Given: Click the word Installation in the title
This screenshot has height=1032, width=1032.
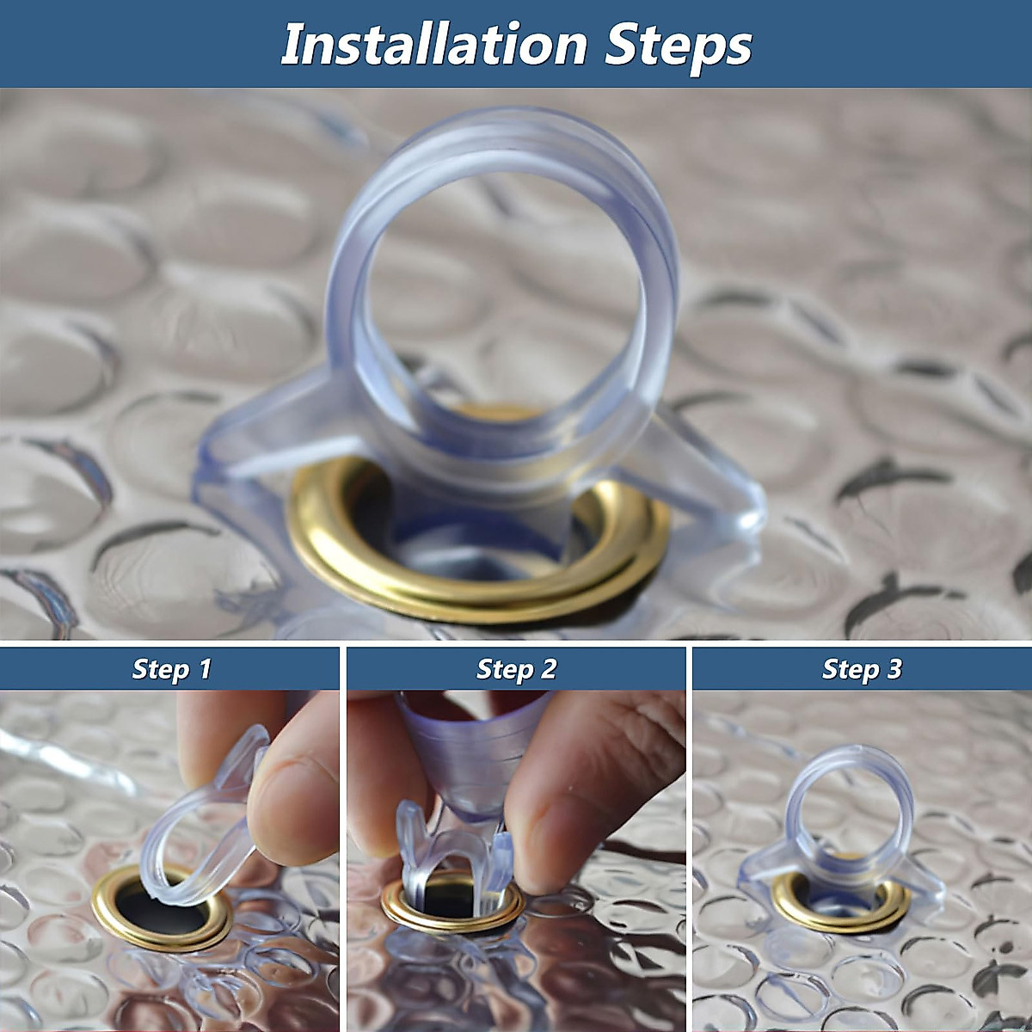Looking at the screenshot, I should click(x=433, y=45).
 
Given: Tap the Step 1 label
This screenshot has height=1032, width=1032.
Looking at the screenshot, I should click(x=171, y=669).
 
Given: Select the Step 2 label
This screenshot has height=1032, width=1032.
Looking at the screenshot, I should click(x=516, y=669).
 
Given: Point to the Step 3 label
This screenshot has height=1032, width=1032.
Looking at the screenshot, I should click(x=862, y=669).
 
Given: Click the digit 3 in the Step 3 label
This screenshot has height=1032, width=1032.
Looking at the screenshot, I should click(x=894, y=669).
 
